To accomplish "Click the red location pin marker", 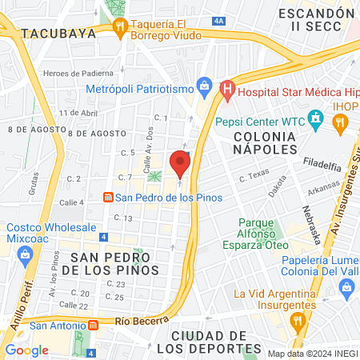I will [180, 164].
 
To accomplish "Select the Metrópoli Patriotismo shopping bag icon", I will [206, 86].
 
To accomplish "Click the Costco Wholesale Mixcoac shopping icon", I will [24, 255].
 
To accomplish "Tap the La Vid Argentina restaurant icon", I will [298, 322].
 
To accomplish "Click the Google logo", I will [27, 350].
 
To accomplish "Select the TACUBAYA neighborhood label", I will [60, 34].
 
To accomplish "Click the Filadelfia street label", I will [322, 164].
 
